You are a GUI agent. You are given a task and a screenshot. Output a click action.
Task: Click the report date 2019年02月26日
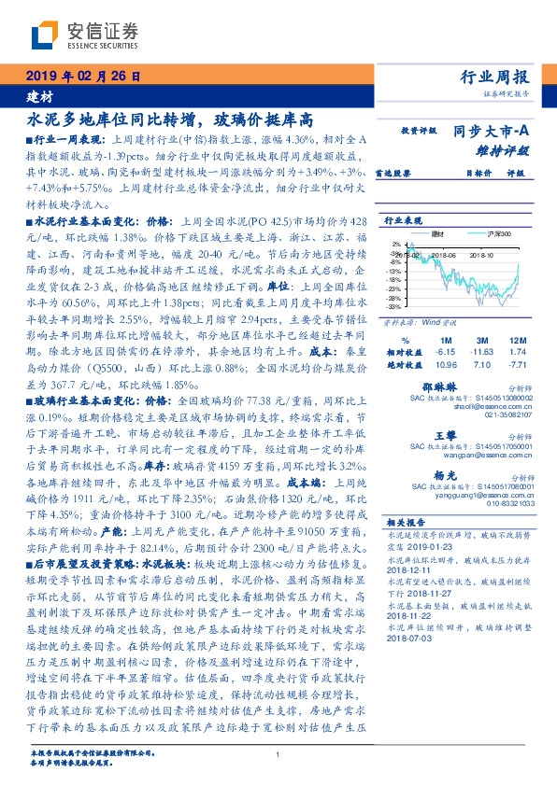85,77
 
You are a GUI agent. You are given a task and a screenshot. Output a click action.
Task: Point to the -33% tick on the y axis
393,305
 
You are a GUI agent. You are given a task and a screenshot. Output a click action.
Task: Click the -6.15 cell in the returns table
445,350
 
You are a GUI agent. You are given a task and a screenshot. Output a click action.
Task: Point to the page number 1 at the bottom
278,754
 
